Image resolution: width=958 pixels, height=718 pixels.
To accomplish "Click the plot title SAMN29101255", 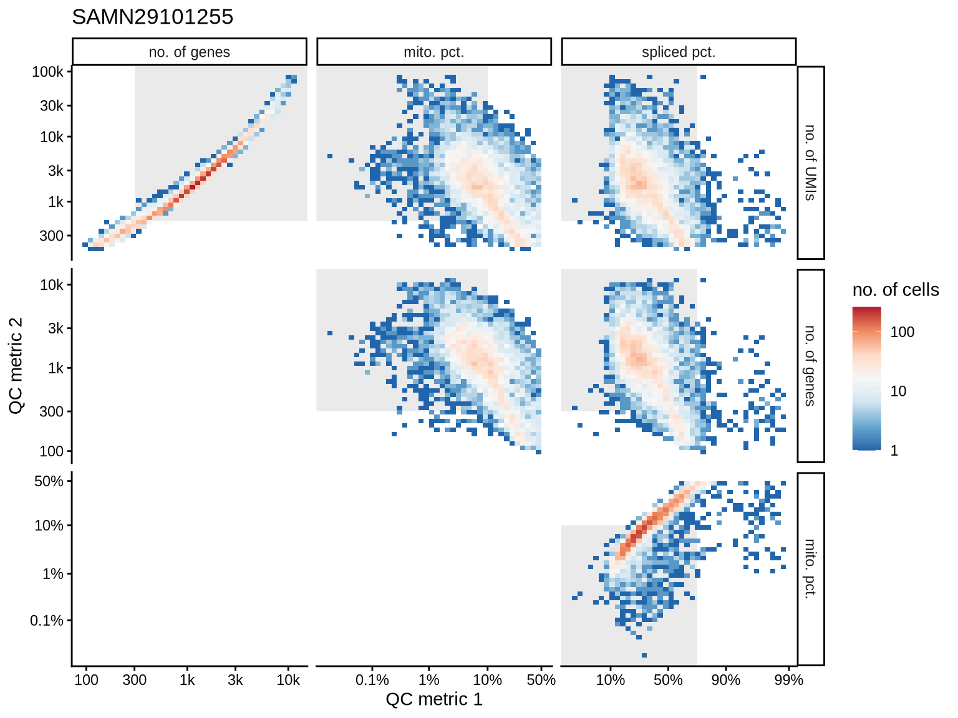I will point(153,17).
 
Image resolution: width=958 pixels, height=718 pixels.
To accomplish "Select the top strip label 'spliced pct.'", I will point(679,52).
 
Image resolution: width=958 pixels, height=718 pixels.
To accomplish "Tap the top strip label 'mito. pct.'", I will point(434,52).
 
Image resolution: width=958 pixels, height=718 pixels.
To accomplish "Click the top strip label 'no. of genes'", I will point(189,52).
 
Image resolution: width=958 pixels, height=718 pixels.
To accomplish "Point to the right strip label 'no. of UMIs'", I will point(810,163).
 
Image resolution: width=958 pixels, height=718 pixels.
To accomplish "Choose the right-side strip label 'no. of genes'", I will point(810,366).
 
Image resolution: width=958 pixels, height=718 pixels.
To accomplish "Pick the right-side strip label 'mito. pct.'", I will point(810,569).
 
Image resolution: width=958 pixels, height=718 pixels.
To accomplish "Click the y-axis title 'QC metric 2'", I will point(16,366).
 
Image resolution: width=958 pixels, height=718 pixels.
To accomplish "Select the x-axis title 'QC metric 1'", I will point(434,699).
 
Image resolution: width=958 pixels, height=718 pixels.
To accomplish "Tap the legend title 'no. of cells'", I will point(896,290).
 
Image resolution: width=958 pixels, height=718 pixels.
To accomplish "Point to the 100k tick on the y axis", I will point(47,72).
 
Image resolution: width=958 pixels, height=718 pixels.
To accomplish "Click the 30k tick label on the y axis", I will point(51,106).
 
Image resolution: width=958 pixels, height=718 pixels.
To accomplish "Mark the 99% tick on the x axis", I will point(788,680).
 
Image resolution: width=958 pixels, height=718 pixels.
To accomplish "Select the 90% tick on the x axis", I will point(726,680).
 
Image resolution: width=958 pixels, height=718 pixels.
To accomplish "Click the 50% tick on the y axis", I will point(49,481).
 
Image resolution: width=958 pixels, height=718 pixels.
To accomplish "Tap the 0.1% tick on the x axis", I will point(372,680).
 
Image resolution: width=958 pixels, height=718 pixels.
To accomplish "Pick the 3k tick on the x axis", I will point(235,680).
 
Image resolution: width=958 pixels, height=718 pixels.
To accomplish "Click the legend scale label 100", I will point(902,332).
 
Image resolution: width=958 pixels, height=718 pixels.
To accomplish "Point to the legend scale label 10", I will point(898,391).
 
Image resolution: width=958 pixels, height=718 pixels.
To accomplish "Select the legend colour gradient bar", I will point(867,378).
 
